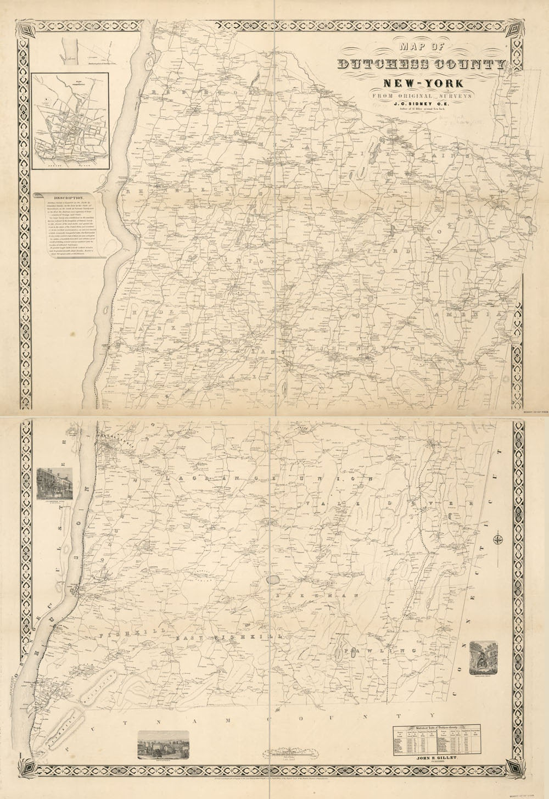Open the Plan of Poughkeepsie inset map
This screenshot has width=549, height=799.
(70, 121)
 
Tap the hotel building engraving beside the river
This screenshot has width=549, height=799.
(55, 484)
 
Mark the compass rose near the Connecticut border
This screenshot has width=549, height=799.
(497, 538)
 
